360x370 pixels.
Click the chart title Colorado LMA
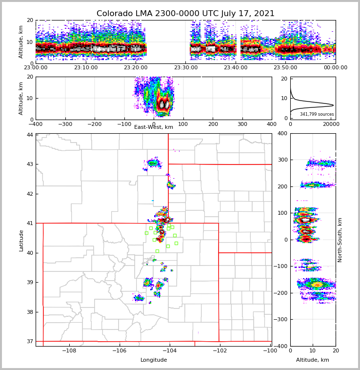tap(185, 14)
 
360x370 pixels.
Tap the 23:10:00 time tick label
tap(85, 68)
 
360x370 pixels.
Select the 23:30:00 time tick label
tap(186, 68)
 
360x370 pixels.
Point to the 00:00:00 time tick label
tap(335, 68)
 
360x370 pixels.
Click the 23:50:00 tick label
tap(285, 68)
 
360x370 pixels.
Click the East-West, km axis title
tap(154, 127)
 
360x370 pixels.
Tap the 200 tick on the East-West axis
tap(213, 124)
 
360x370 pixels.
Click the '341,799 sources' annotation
tap(317, 114)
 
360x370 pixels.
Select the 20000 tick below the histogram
tap(331, 124)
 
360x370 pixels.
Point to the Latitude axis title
tap(21, 240)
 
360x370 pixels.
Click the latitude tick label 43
tap(30, 164)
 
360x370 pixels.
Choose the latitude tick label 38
tap(30, 312)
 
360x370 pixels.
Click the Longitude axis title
tap(154, 360)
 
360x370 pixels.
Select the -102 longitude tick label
tap(220, 351)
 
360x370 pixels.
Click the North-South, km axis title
tap(340, 240)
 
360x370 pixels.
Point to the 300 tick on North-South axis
tap(282, 160)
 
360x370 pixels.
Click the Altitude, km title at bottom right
tap(313, 360)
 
